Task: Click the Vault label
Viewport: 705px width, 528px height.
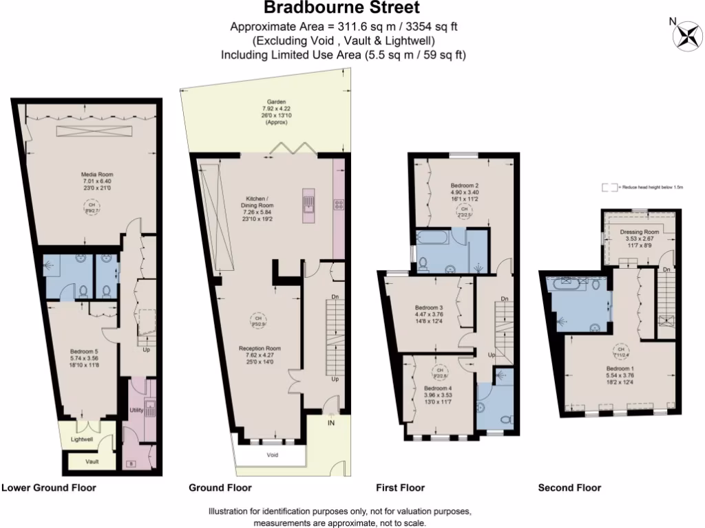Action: tap(92, 462)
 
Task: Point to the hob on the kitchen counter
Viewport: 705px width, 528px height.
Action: tap(339, 203)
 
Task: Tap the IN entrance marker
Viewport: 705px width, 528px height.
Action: tap(331, 424)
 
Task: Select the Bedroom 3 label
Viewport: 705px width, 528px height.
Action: tap(428, 307)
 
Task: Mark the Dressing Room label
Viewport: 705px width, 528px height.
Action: tap(640, 232)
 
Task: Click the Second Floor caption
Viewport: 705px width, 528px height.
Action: tap(569, 488)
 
